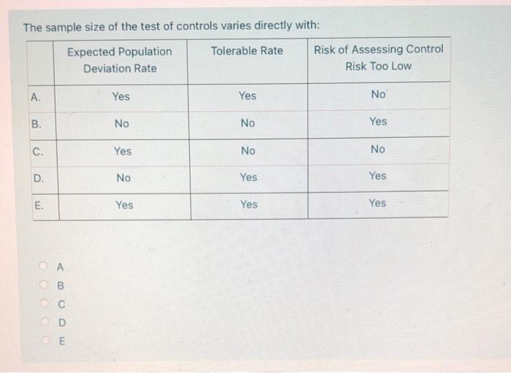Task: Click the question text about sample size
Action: [172, 27]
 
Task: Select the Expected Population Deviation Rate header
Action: [120, 60]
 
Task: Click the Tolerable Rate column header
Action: [247, 50]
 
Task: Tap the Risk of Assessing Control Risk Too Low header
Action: [378, 58]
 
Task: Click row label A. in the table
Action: [36, 96]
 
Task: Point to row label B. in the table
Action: [36, 123]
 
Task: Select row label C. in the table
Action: [37, 151]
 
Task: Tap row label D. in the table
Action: [38, 177]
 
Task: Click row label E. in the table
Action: [39, 205]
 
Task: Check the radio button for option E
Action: [45, 340]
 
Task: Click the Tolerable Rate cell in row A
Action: [247, 96]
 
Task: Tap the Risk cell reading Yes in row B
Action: [378, 121]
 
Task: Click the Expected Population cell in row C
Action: [123, 151]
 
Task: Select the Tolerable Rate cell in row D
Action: [248, 177]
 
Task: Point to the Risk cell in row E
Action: [377, 203]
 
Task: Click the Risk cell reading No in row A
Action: [378, 94]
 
